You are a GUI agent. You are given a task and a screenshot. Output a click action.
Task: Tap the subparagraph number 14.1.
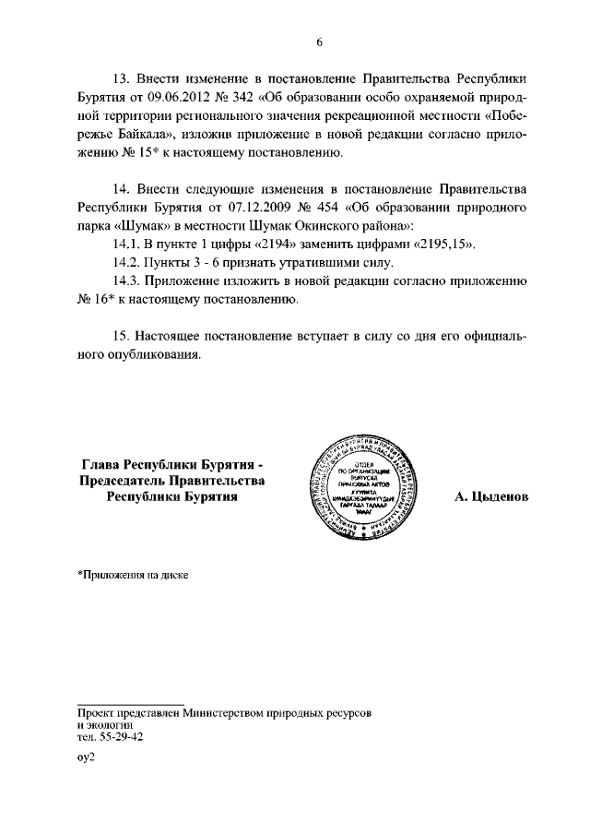point(126,245)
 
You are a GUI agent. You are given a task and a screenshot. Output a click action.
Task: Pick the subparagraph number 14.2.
point(126,263)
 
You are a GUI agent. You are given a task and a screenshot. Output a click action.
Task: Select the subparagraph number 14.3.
point(126,281)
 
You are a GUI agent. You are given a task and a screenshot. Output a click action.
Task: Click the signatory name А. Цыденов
point(490,496)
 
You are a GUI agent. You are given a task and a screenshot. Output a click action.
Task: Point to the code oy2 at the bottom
point(86,755)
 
